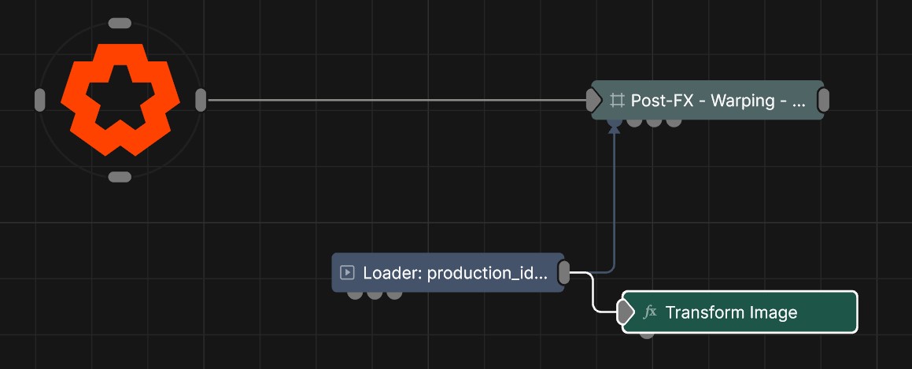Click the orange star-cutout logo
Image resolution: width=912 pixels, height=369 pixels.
[x=120, y=99]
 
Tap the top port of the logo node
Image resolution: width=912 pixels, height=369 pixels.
[x=120, y=24]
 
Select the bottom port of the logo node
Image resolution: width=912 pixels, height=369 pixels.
[x=120, y=177]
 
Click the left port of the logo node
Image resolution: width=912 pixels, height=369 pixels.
[x=39, y=100]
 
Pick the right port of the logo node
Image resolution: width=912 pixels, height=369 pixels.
[x=201, y=100]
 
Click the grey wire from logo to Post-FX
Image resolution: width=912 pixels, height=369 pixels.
[x=397, y=100]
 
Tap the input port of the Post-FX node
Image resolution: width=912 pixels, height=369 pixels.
[x=593, y=100]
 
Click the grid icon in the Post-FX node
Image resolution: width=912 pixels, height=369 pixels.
[x=617, y=100]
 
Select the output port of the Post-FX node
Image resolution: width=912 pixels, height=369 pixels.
[x=823, y=100]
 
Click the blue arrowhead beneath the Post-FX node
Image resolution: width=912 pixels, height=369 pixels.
[x=614, y=127]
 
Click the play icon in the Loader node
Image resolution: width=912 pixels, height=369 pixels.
[x=347, y=272]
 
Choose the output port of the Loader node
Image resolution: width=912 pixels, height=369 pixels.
[x=563, y=272]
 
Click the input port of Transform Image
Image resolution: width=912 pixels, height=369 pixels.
[x=626, y=312]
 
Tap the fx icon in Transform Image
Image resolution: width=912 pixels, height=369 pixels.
[x=650, y=312]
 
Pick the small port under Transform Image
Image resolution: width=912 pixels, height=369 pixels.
[x=646, y=334]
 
